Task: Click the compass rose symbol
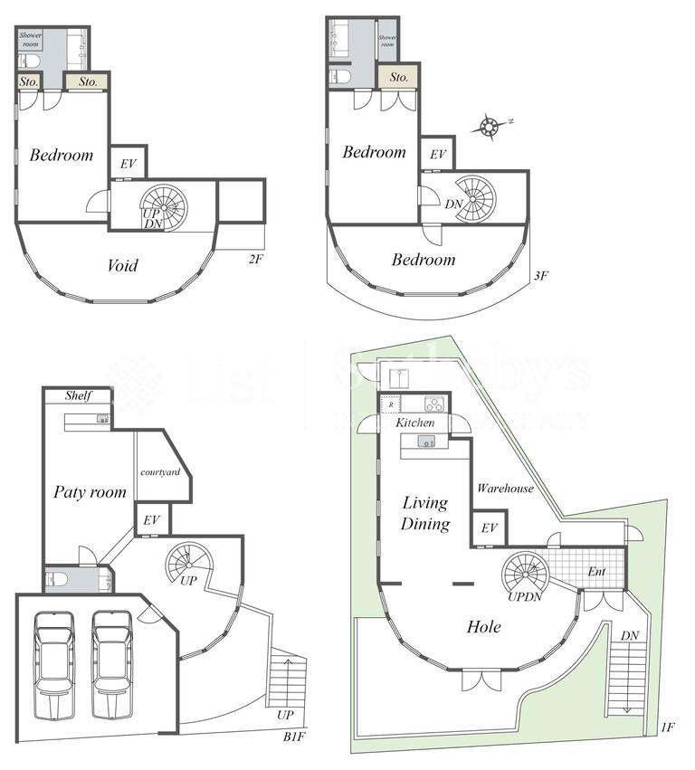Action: coord(490,126)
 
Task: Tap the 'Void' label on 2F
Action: coord(123,265)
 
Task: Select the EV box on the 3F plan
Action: coord(438,155)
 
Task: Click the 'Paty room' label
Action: coord(89,492)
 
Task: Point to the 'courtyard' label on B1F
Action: coord(161,472)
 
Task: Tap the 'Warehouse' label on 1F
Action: coord(505,489)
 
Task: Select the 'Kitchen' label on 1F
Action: coord(415,423)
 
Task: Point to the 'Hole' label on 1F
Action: coord(485,626)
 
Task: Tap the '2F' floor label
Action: coord(255,259)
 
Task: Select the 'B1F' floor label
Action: coord(295,738)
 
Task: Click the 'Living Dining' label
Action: coord(426,513)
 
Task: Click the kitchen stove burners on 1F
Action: coord(433,404)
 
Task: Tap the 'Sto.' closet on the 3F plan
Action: coord(399,78)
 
